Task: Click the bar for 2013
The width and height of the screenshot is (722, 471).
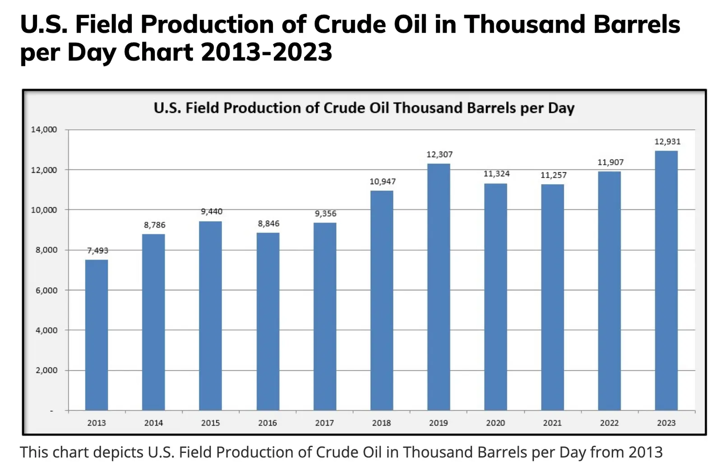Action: [97, 335]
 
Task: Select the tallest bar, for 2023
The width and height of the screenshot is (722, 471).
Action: [666, 280]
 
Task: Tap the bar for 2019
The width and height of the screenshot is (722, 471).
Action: [439, 287]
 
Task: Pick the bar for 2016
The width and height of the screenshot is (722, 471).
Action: [268, 321]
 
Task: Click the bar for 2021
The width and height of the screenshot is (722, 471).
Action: [552, 297]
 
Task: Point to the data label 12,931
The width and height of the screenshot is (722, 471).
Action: [667, 142]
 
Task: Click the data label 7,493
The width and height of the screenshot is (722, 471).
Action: [97, 251]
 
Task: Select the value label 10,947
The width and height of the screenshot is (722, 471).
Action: [382, 182]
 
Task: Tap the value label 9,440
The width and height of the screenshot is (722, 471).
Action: [212, 211]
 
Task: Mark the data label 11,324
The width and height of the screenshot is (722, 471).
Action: [496, 174]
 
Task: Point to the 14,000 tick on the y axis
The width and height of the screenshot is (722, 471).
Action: [44, 130]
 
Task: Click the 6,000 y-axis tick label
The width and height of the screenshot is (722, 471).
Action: [46, 290]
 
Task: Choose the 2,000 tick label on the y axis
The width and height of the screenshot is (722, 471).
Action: [46, 370]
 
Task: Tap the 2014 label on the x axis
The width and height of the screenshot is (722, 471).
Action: [153, 423]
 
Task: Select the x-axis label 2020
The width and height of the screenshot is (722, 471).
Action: [495, 423]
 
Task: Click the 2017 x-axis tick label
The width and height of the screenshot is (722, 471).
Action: [324, 423]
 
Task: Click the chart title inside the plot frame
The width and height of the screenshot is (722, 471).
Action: [364, 108]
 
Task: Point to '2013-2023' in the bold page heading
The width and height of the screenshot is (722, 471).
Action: [266, 52]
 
